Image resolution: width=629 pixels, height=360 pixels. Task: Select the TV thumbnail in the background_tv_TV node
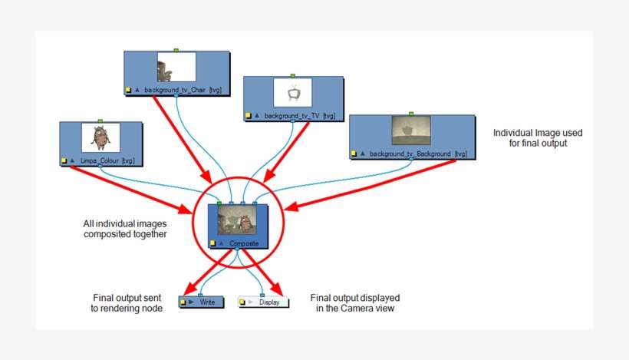293,93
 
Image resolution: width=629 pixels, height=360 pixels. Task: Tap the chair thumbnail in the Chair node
176,67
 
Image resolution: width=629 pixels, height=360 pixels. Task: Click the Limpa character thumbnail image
100,137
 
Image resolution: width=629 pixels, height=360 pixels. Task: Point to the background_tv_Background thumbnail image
410,130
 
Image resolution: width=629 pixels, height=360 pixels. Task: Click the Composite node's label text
244,243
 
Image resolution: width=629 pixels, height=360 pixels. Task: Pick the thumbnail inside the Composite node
237,221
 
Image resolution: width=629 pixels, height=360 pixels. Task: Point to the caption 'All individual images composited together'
124,229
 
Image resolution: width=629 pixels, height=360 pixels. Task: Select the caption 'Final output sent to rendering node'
127,302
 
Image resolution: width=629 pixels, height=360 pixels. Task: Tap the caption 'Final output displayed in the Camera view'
354,302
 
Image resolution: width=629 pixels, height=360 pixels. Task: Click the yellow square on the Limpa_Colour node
64,161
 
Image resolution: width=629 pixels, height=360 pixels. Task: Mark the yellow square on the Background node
353,154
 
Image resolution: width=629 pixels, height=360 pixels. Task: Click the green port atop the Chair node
176,50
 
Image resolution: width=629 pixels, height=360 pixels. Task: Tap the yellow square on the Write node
183,303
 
